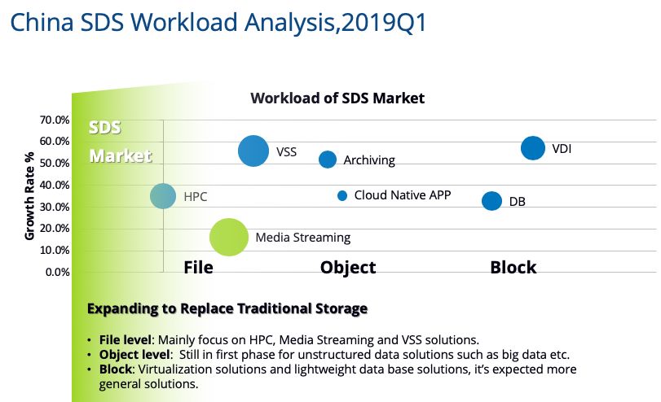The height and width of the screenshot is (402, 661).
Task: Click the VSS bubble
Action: [x=253, y=151]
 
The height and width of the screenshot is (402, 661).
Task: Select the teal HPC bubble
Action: [x=164, y=196]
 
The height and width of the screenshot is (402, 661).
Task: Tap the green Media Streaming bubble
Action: [x=229, y=238]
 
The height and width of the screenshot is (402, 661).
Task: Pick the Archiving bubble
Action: [x=328, y=159]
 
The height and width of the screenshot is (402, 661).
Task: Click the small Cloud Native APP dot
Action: [x=342, y=195]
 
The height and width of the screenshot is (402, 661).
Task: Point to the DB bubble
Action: [x=491, y=201]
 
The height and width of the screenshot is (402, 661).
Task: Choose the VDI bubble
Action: [x=533, y=148]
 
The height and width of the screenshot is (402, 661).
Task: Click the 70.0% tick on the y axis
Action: [x=55, y=120]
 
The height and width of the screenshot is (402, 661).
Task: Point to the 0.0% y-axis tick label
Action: [x=58, y=272]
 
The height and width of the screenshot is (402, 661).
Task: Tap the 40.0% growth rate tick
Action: [x=55, y=186]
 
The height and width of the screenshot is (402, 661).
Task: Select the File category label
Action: [x=198, y=267]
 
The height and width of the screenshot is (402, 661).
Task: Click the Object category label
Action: [x=348, y=267]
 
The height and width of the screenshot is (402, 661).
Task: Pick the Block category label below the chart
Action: [x=513, y=267]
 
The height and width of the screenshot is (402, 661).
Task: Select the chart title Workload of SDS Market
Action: [x=337, y=98]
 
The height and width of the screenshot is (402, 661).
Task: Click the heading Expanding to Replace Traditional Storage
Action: [x=227, y=308]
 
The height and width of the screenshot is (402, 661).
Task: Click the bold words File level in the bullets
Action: [x=125, y=339]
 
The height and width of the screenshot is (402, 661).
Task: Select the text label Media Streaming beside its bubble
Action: [x=302, y=238]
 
